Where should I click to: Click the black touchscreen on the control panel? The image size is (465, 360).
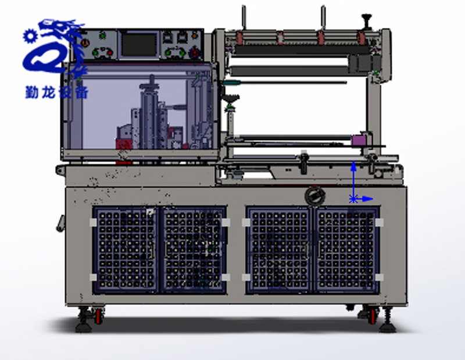click(139, 45)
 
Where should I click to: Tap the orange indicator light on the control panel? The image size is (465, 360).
click(195, 36)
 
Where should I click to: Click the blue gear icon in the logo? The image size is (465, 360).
click(30, 36)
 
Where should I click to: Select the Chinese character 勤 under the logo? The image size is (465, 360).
click(33, 92)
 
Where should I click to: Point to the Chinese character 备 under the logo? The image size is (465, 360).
click(81, 92)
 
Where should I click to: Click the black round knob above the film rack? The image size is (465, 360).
click(367, 18)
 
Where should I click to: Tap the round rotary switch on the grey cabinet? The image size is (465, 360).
click(314, 196)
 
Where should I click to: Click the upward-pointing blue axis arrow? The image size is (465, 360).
click(353, 180)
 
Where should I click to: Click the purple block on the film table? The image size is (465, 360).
click(359, 140)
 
